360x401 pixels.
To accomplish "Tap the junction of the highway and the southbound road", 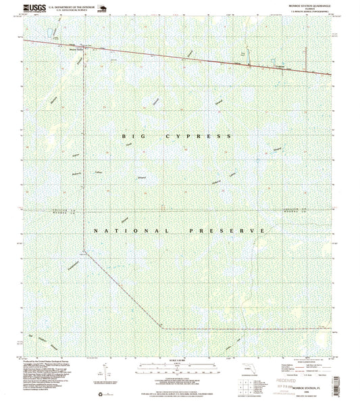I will [x=84, y=48].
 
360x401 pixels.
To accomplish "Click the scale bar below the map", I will [x=180, y=371].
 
